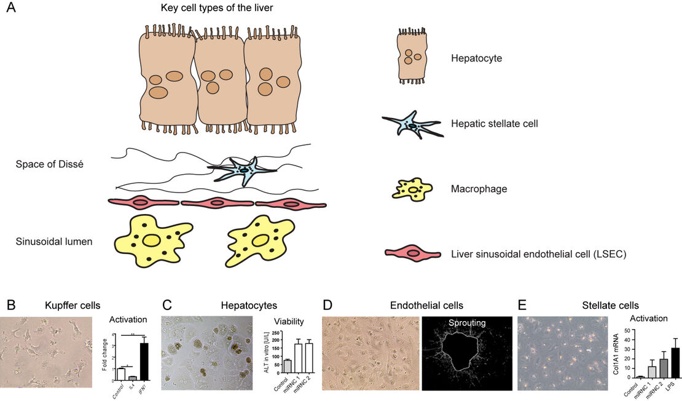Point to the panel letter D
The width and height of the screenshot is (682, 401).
pyautogui.click(x=327, y=305)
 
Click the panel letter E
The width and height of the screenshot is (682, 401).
pyautogui.click(x=522, y=305)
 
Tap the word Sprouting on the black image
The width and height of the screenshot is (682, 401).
pyautogui.click(x=466, y=322)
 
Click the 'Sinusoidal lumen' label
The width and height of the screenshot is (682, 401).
pyautogui.click(x=54, y=242)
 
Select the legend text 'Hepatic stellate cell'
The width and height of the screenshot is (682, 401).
pyautogui.click(x=495, y=124)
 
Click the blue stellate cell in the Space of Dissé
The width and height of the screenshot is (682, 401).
pyautogui.click(x=243, y=170)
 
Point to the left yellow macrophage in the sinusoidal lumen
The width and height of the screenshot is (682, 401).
pyautogui.click(x=151, y=240)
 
